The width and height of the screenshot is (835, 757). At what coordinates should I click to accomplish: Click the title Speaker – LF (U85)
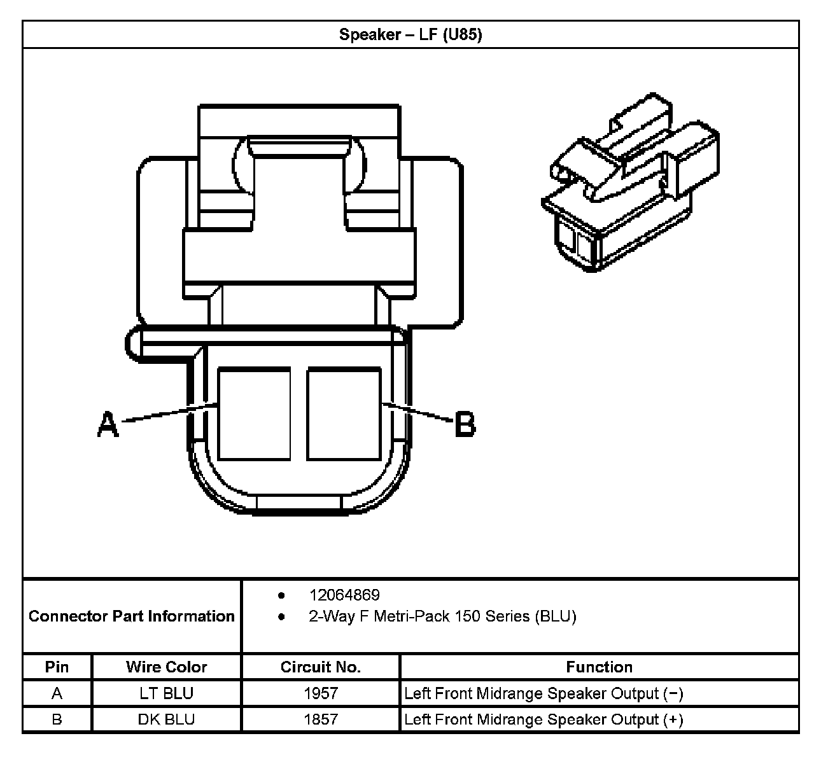(x=410, y=34)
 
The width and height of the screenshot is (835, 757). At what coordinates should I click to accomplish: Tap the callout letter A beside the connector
(x=108, y=424)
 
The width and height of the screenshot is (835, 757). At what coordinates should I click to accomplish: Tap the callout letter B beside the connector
(x=465, y=424)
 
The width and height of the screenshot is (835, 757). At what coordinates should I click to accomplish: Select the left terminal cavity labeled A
(x=254, y=413)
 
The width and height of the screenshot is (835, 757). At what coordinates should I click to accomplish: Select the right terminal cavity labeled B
(x=344, y=413)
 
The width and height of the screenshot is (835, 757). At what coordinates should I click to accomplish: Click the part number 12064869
(x=344, y=595)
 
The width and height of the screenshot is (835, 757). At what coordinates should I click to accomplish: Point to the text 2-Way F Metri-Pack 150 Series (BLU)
(x=442, y=616)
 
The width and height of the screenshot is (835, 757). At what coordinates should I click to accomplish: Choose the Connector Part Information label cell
(x=132, y=616)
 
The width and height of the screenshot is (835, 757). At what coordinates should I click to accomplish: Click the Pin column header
(x=57, y=667)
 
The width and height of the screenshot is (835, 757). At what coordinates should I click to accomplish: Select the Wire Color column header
(x=167, y=667)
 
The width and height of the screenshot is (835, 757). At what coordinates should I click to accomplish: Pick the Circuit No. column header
(x=321, y=667)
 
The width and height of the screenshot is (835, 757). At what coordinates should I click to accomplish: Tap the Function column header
(x=599, y=667)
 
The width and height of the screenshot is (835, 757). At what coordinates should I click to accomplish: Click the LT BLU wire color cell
(x=167, y=693)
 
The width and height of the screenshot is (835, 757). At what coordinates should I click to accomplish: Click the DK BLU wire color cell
(x=167, y=719)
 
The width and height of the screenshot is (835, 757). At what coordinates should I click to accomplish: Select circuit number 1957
(x=321, y=693)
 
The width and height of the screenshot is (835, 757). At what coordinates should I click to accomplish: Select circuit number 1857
(x=321, y=719)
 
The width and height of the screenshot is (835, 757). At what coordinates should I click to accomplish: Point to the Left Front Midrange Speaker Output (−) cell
(x=544, y=693)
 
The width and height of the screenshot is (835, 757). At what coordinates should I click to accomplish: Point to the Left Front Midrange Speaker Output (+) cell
(x=544, y=719)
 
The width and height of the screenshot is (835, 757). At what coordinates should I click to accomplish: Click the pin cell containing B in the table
(x=57, y=719)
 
